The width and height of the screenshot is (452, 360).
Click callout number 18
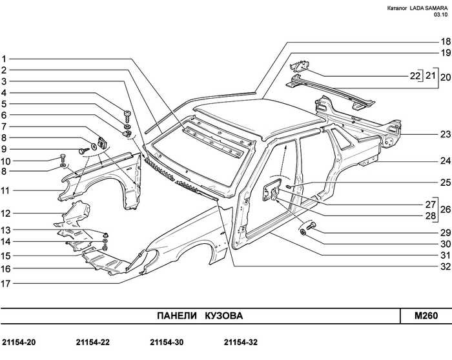[x=446, y=41]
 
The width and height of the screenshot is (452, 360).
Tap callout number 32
[x=446, y=266]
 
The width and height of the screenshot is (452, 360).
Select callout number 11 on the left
[x=5, y=191]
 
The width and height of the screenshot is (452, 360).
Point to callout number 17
[x=5, y=284]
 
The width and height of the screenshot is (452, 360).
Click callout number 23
[x=446, y=134]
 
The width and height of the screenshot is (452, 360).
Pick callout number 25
[x=446, y=183]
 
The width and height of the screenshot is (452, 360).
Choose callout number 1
[x=4, y=59]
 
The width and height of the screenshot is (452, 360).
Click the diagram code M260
[x=426, y=316]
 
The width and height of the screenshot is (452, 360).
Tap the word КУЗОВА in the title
[x=224, y=316]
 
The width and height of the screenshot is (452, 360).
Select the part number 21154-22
[x=93, y=343]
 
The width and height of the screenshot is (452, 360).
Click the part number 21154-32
[x=241, y=343]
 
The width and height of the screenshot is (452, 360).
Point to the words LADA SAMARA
[x=429, y=8]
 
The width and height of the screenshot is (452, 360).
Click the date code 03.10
[x=441, y=15]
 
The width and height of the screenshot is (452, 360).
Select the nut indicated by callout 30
[x=303, y=232]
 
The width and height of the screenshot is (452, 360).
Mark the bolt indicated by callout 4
[x=127, y=115]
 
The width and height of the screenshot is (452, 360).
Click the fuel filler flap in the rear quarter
[x=271, y=189]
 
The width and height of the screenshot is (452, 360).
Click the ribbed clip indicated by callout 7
[x=102, y=143]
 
